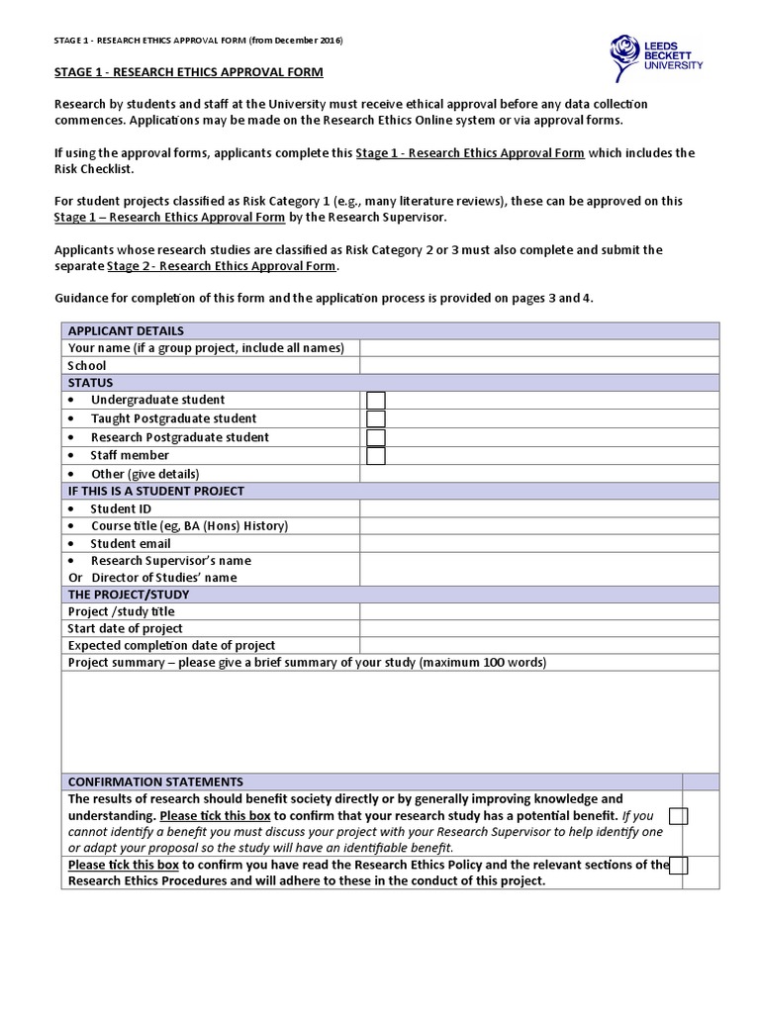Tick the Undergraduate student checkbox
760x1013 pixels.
(x=376, y=400)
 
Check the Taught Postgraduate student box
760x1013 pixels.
(x=376, y=418)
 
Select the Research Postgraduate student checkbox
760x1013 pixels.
(x=376, y=437)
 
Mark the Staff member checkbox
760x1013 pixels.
(x=376, y=455)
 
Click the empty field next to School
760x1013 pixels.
(x=539, y=365)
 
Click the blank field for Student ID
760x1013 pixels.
(x=539, y=508)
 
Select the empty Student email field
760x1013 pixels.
(x=539, y=543)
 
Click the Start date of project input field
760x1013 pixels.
(x=539, y=628)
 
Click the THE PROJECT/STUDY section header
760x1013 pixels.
(x=128, y=595)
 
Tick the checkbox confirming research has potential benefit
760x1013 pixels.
(x=679, y=816)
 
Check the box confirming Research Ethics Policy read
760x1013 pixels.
(x=679, y=866)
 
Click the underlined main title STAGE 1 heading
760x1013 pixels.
(x=187, y=73)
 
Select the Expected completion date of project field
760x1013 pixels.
(x=539, y=645)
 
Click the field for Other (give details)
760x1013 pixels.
(x=539, y=473)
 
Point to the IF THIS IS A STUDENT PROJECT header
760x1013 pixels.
(x=155, y=491)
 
